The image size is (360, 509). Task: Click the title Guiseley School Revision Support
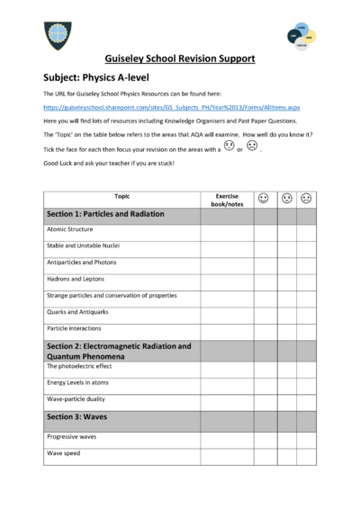[x=179, y=59]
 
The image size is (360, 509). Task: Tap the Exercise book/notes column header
[x=227, y=200]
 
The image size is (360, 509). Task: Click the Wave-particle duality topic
[x=76, y=399]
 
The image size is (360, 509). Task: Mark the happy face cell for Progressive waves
[x=265, y=437]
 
